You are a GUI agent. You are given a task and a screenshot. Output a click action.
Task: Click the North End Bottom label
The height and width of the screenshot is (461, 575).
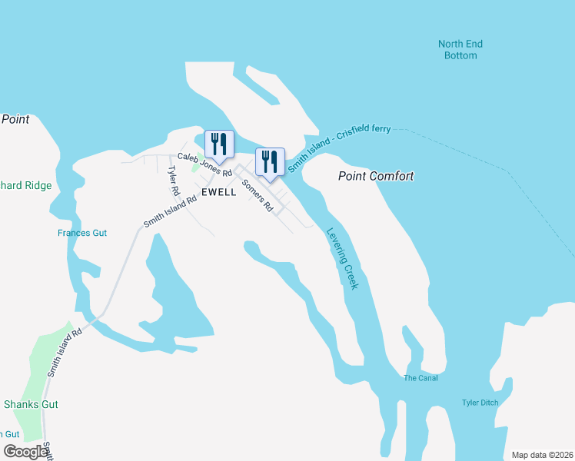pos(460,50)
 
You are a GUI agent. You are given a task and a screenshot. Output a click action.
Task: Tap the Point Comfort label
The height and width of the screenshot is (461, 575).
pos(376,176)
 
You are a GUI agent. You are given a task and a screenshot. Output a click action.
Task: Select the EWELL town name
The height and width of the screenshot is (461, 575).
pos(219,192)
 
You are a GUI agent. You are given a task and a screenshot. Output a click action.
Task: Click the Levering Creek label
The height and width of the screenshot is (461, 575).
pos(342,258)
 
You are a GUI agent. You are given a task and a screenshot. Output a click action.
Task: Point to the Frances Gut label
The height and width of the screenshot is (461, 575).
pos(82,233)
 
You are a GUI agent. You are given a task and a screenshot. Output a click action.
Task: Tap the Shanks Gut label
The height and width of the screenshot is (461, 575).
pos(31,404)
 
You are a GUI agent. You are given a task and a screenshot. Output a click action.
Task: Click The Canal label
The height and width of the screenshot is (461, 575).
pos(420,377)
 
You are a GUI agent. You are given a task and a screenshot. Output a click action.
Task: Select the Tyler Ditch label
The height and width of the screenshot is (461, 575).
pos(480,403)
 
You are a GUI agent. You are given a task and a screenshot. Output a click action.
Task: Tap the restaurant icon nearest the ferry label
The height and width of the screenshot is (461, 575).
pos(269,161)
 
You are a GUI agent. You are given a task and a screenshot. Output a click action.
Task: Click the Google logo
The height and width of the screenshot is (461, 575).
pos(25,452)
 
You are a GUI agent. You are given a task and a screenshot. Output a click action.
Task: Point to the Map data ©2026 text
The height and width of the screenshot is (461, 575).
pos(541,455)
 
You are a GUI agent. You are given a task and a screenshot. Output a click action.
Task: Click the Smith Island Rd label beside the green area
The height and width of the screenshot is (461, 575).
pos(64,353)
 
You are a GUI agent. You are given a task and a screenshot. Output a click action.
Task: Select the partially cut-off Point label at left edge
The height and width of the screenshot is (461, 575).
pos(15,119)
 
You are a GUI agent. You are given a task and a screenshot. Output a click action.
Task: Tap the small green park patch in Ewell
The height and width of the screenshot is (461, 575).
pos(195,166)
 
